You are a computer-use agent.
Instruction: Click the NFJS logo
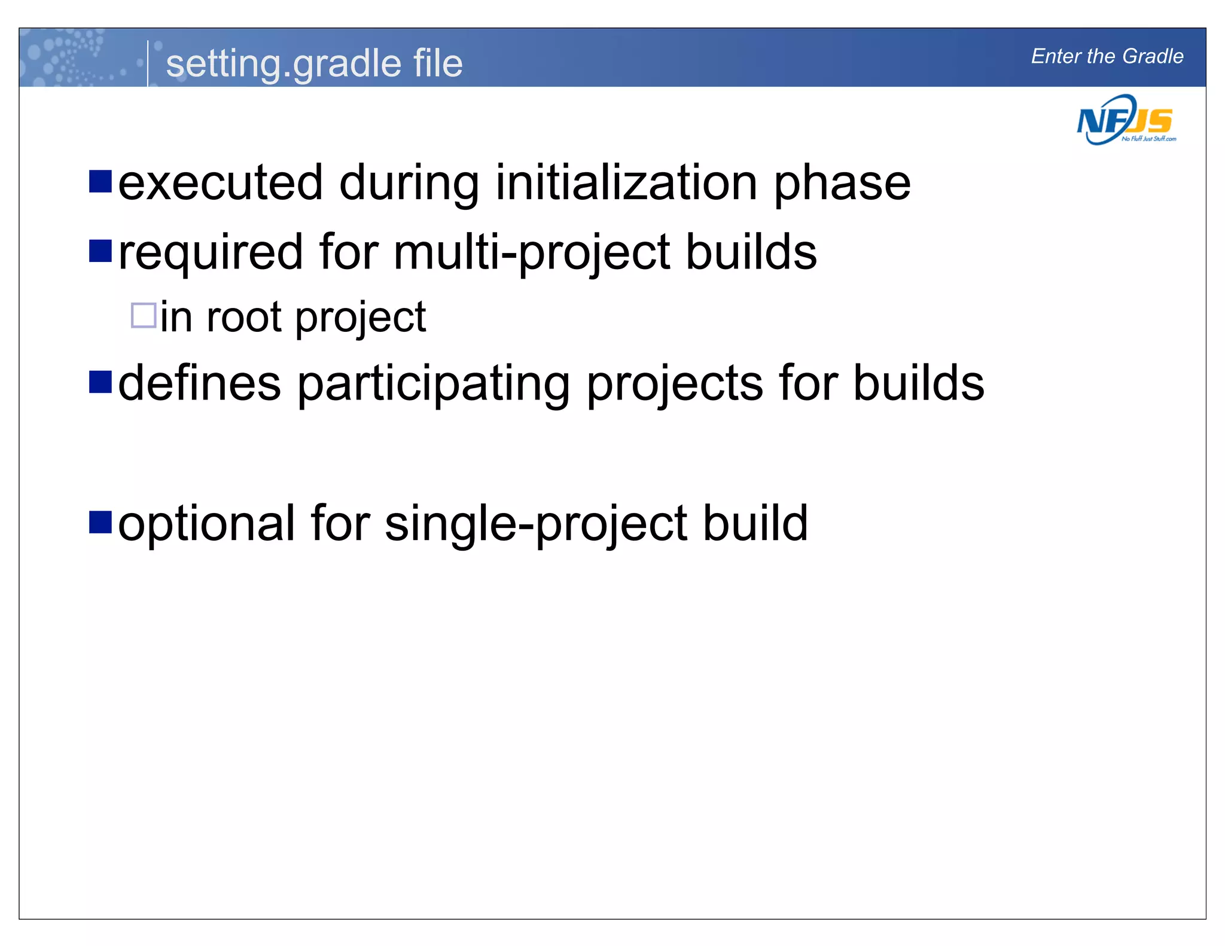(1125, 121)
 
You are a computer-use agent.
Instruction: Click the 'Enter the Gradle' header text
(1107, 56)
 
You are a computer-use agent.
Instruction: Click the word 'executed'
(221, 183)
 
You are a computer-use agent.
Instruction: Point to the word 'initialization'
(626, 183)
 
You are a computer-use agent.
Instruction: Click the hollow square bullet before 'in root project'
(144, 315)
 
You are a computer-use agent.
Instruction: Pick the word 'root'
(243, 317)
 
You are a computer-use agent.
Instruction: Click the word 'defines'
(199, 383)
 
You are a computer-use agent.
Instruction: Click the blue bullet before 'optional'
(100, 521)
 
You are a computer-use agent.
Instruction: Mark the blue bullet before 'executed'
(100, 181)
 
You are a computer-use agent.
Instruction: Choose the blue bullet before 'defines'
(100, 382)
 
